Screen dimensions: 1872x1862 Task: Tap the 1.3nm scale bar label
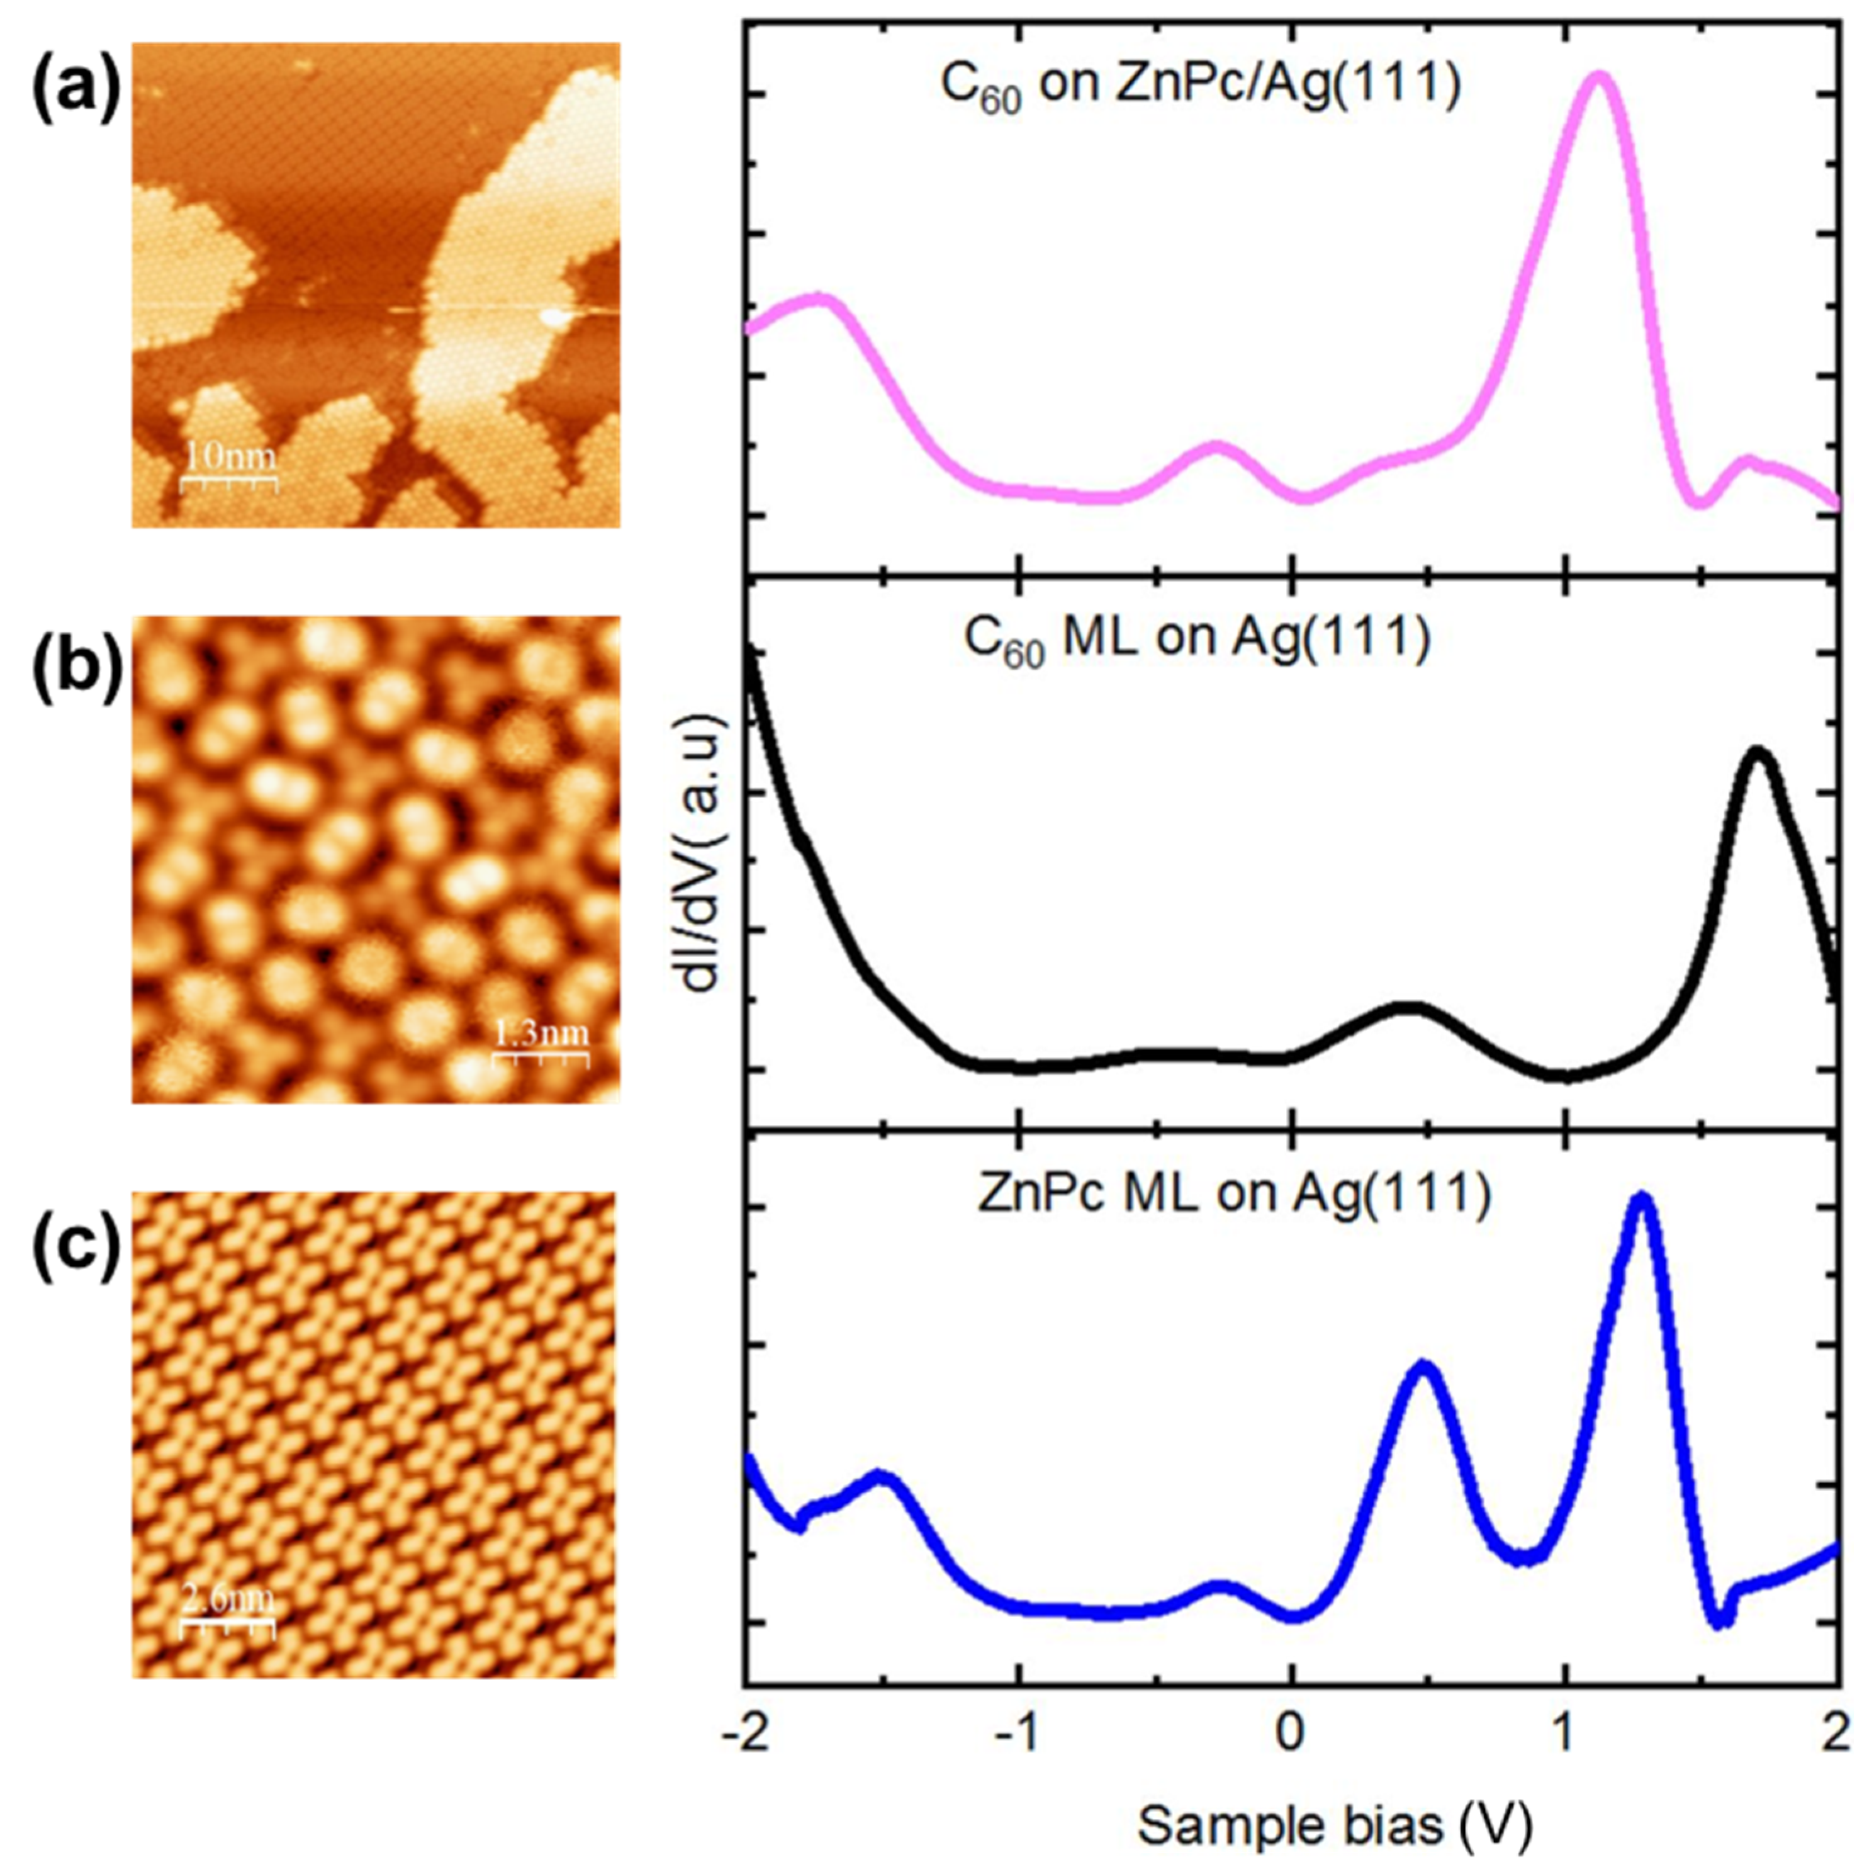(541, 1034)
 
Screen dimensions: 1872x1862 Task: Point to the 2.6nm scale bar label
(228, 1599)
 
